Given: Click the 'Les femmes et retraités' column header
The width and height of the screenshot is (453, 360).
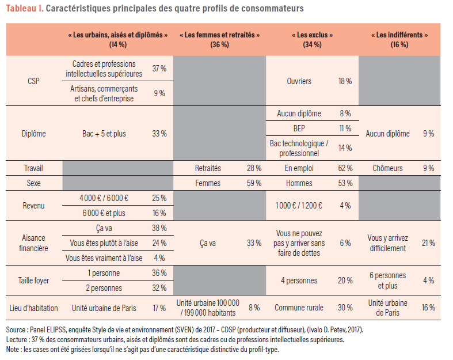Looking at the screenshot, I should (x=219, y=39).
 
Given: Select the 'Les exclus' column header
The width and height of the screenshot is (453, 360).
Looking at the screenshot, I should (x=312, y=39).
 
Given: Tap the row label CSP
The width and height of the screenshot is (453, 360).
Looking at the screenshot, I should (x=34, y=81).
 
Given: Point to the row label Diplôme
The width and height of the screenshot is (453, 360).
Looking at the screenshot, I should (x=34, y=134).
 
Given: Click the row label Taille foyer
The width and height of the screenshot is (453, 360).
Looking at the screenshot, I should (x=34, y=281).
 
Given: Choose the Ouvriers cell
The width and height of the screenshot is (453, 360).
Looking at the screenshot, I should (x=299, y=81).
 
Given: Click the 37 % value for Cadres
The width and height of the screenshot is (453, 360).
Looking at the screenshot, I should (x=159, y=69).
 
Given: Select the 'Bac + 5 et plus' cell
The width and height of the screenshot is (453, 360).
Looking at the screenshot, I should (x=104, y=134).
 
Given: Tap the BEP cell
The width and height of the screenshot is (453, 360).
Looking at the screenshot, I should (x=299, y=128).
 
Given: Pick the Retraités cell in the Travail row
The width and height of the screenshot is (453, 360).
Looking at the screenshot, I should (x=208, y=168).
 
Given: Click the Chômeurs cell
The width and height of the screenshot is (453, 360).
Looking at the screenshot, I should (x=389, y=168).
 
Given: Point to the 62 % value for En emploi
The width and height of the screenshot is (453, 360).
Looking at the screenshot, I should (x=345, y=168).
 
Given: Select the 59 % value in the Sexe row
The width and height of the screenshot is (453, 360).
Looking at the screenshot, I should (x=254, y=183).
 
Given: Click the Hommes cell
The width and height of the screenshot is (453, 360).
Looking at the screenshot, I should (x=299, y=183).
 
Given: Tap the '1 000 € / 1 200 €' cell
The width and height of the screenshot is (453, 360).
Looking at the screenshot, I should (x=299, y=205).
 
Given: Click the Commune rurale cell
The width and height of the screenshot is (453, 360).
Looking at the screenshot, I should (x=299, y=308).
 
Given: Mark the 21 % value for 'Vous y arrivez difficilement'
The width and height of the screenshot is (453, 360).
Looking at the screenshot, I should (x=428, y=243).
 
